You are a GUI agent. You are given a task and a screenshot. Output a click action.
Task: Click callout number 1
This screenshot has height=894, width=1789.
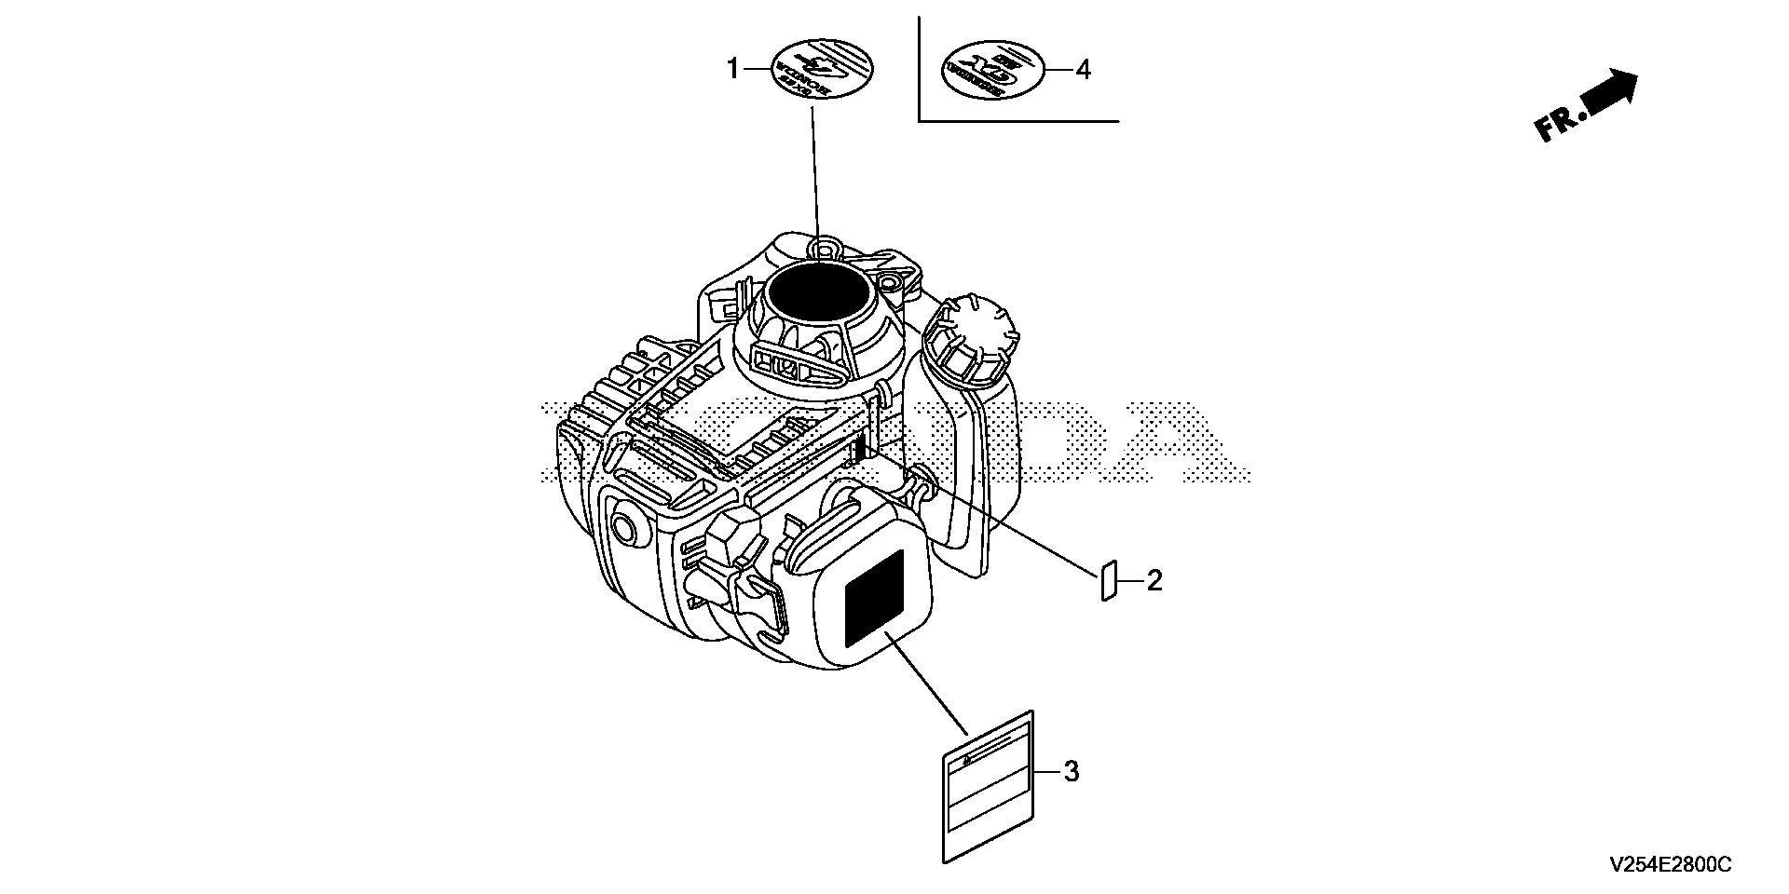pyautogui.click(x=732, y=69)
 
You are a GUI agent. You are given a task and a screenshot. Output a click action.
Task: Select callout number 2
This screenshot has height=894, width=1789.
pyautogui.click(x=1154, y=582)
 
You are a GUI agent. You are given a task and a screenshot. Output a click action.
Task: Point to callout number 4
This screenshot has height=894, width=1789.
pyautogui.click(x=1083, y=70)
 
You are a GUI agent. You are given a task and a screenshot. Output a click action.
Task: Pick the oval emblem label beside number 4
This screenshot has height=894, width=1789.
pyautogui.click(x=991, y=70)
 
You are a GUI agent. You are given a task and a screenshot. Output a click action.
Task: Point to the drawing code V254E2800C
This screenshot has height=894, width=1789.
pyautogui.click(x=1670, y=866)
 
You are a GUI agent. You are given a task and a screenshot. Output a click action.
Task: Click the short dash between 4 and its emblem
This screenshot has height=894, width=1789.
pyautogui.click(x=1058, y=70)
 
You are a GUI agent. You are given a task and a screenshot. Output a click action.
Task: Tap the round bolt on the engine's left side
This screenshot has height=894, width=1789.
pyautogui.click(x=627, y=528)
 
